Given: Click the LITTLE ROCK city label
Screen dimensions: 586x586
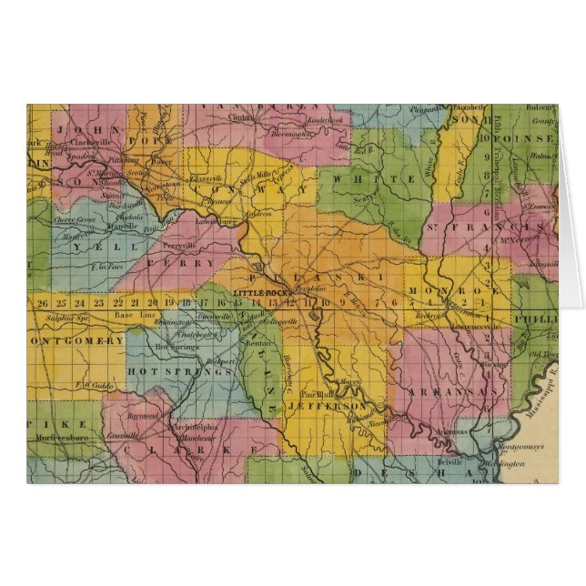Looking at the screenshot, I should pos(259,290).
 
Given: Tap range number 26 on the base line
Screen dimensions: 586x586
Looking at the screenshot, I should pos(42,301).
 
